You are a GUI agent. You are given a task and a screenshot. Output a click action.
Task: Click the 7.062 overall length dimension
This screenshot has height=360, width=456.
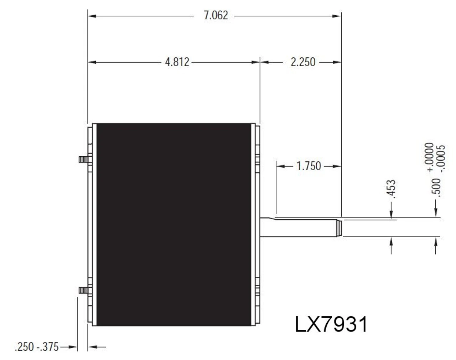click(x=216, y=16)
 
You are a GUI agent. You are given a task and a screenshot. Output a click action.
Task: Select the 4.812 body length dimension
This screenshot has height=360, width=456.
click(x=177, y=62)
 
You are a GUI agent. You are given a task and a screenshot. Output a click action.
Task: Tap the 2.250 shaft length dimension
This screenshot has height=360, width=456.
click(x=303, y=62)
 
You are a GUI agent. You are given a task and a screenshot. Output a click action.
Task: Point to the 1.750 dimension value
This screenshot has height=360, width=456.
click(x=309, y=166)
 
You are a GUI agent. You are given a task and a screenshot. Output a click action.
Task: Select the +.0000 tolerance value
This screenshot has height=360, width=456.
click(x=430, y=157)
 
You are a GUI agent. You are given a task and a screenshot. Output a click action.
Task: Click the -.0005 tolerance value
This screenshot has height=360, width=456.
click(x=442, y=158)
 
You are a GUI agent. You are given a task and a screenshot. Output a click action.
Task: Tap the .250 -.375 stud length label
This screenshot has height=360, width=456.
click(x=37, y=346)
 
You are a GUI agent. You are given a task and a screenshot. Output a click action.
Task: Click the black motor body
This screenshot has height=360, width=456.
click(x=175, y=224)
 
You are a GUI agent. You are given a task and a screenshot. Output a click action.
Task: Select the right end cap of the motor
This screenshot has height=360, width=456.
click(x=257, y=224)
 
